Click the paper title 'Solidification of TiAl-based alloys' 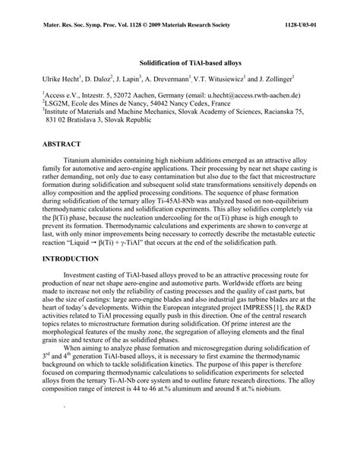(x=179, y=62)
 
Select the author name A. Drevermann (x=170, y=78)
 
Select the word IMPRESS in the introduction (x=237, y=309)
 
